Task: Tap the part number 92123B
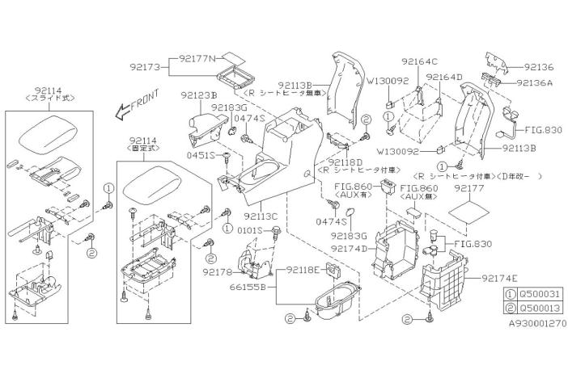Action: point(197,94)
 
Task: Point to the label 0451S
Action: point(202,154)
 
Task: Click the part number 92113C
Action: point(259,216)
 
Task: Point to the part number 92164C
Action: point(419,61)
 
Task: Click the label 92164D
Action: point(443,77)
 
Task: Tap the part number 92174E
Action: point(500,279)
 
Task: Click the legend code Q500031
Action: point(542,293)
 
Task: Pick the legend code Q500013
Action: point(542,307)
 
